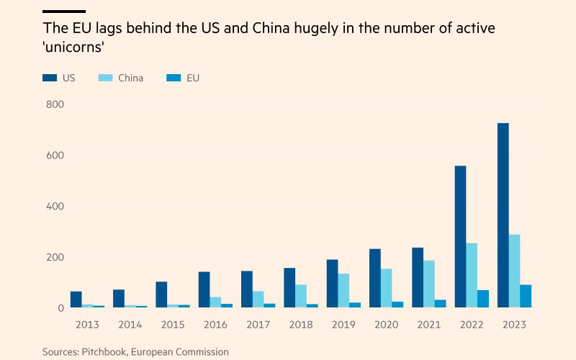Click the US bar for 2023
(503, 215)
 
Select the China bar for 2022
(472, 275)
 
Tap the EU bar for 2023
(526, 296)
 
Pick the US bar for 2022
(460, 237)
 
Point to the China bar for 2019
(343, 290)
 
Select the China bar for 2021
(429, 284)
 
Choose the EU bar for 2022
(483, 299)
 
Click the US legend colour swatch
(49, 78)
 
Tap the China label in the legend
(130, 78)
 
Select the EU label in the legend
(192, 78)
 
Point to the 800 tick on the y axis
(55, 104)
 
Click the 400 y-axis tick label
(55, 207)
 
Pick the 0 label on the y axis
(60, 308)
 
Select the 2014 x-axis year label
(130, 325)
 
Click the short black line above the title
(63, 12)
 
